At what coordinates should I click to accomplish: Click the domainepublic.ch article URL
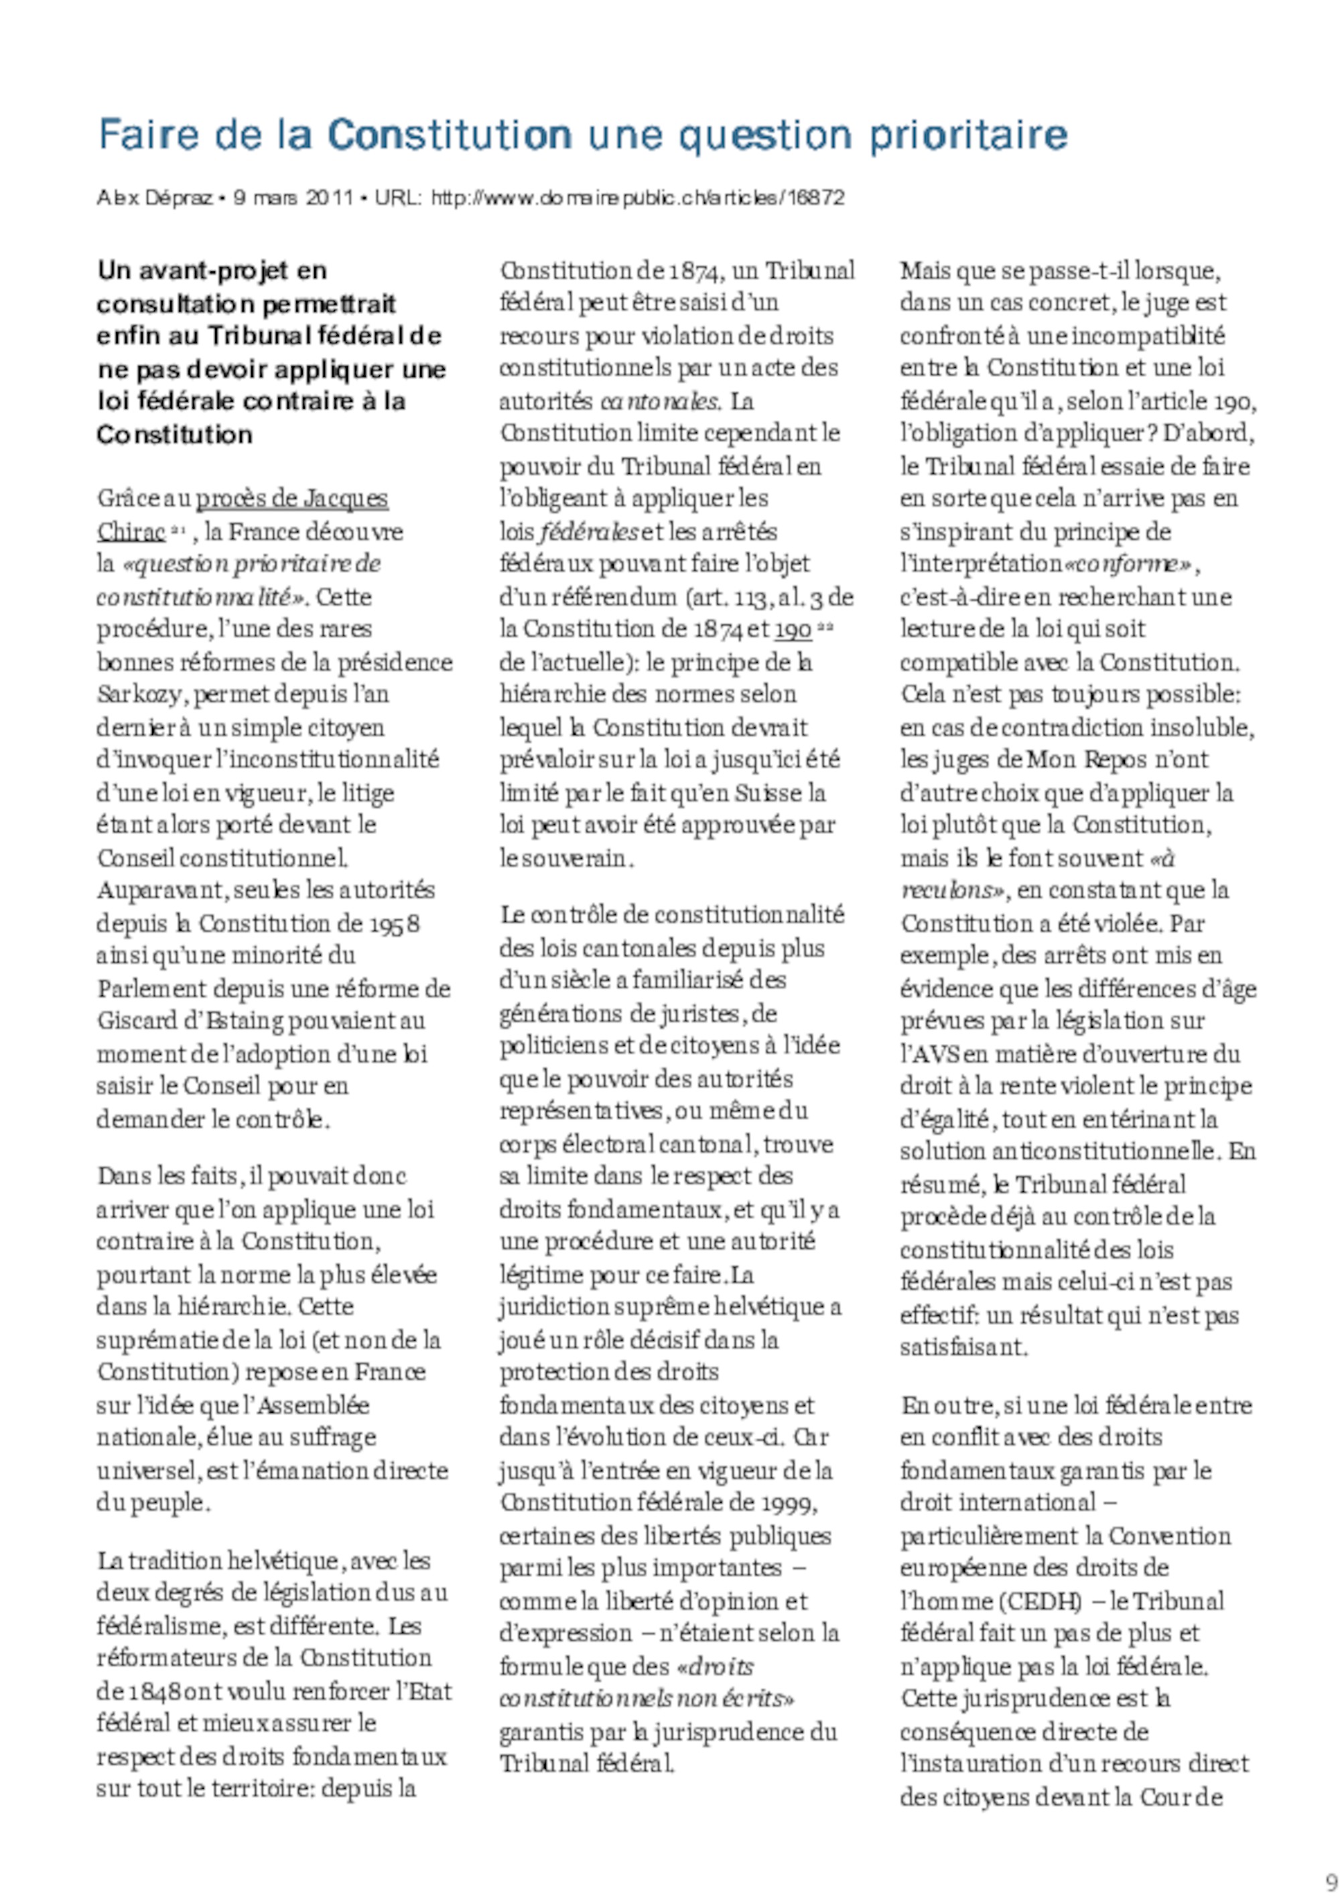637,198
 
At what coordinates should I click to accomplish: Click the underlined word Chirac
131,532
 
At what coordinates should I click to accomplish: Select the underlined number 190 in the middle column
793,629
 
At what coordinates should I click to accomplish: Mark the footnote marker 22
825,627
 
